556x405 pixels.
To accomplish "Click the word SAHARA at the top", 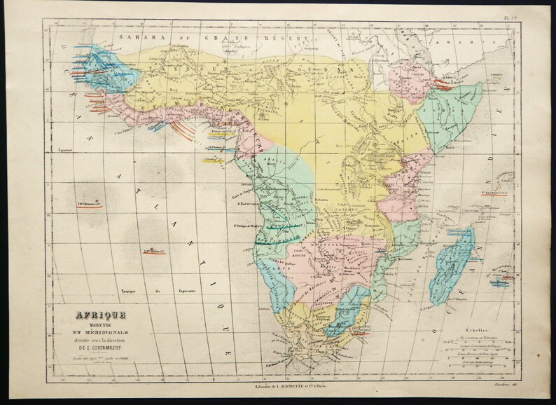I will pos(137,37).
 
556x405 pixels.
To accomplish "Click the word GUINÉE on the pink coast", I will pos(157,106).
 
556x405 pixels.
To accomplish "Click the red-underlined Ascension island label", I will pos(89,203).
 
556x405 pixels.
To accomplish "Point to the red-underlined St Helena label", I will pos(154,250).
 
